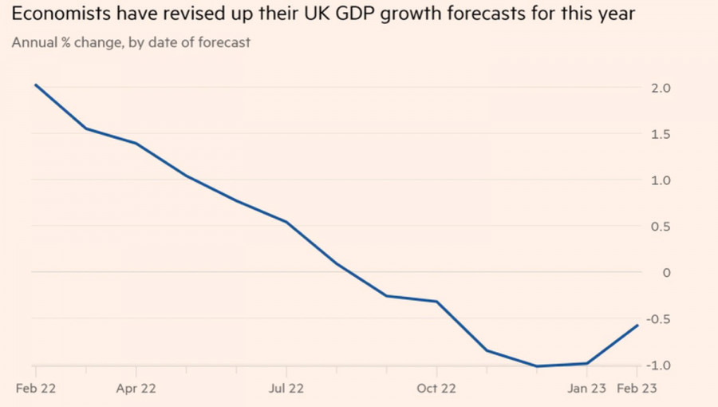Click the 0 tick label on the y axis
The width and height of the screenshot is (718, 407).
[x=656, y=273]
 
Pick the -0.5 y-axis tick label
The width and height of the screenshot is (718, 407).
[x=658, y=319]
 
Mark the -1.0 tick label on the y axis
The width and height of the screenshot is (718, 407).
[x=658, y=366]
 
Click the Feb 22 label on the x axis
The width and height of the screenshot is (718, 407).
[x=36, y=389]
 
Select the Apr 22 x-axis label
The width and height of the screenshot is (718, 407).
[x=136, y=389]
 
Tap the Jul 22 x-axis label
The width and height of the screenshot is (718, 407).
[x=286, y=389]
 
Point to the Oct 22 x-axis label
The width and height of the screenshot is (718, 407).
[x=436, y=389]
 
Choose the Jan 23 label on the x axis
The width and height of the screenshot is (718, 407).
[x=587, y=389]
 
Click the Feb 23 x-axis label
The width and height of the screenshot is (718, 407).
[x=637, y=389]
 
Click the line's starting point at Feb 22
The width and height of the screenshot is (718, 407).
[x=36, y=85]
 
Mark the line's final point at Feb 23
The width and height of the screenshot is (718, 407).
[x=637, y=325]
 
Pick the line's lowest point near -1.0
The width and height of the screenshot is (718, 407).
[x=537, y=366]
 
